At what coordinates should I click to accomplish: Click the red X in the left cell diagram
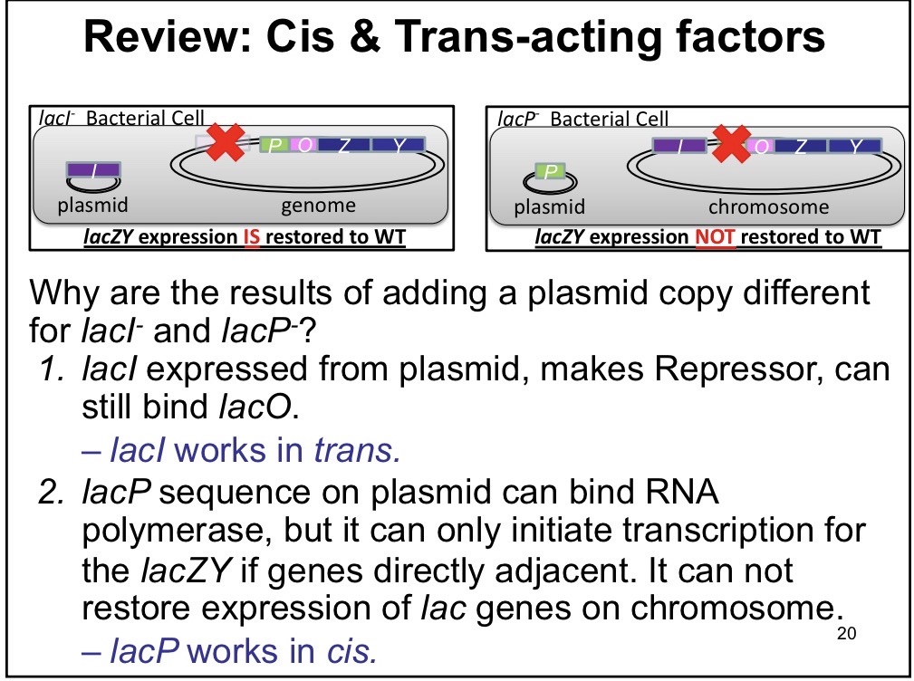tap(221, 144)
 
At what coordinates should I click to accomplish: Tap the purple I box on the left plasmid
tap(94, 170)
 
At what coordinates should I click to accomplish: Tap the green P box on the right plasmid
tap(546, 170)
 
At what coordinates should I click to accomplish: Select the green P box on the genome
tap(274, 145)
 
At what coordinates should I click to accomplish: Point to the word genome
tap(318, 206)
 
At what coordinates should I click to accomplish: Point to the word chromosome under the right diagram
tap(768, 206)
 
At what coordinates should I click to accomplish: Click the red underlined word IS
tap(251, 237)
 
